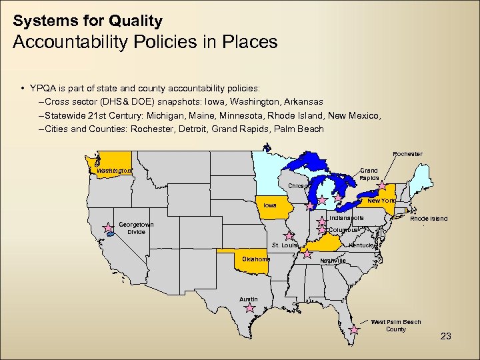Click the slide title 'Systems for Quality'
(x=87, y=21)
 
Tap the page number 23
(x=446, y=337)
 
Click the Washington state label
(x=114, y=171)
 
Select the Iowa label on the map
(x=269, y=205)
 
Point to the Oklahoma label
(x=255, y=259)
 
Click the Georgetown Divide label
(x=137, y=228)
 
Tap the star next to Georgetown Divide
(x=108, y=228)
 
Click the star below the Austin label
(x=250, y=308)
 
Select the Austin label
(x=249, y=299)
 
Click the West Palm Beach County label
(x=396, y=325)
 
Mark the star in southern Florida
(x=355, y=329)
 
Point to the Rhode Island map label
(x=429, y=218)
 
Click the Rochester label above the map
(x=407, y=154)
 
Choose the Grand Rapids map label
(x=369, y=174)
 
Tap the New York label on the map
(x=381, y=201)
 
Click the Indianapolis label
(x=347, y=217)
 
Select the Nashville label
(x=333, y=261)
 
